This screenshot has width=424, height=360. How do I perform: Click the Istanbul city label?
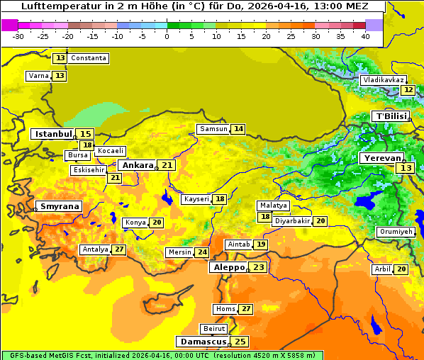click(x=53, y=134)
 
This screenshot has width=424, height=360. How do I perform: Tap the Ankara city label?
click(x=137, y=165)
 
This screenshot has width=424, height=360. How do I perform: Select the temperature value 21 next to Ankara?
click(x=167, y=165)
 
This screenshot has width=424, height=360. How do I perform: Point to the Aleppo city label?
click(x=228, y=268)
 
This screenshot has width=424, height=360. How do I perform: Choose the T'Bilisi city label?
click(x=391, y=116)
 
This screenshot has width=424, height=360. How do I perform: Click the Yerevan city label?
click(x=381, y=159)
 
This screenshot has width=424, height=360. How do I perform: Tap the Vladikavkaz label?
click(x=383, y=80)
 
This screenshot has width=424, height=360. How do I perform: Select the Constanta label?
click(x=89, y=58)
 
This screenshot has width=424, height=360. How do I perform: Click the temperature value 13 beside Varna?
click(x=60, y=76)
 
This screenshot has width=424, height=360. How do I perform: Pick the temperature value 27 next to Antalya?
click(x=119, y=249)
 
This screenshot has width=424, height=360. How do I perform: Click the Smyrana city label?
click(x=60, y=206)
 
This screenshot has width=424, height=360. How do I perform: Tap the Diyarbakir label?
click(x=292, y=221)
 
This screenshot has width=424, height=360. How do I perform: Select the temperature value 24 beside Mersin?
click(x=202, y=252)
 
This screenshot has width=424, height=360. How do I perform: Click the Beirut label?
click(x=214, y=329)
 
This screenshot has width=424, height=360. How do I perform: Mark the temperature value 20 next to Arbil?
click(x=401, y=269)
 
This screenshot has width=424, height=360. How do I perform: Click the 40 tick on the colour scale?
click(x=365, y=36)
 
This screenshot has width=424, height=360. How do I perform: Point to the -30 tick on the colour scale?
click(x=18, y=36)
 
